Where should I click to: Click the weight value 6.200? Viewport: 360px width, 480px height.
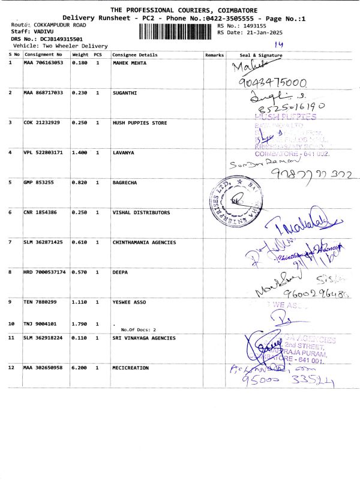[x=80, y=365]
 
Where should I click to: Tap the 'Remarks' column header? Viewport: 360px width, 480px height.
[x=214, y=55]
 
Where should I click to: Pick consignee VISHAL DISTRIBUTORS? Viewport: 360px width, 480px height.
[x=141, y=212]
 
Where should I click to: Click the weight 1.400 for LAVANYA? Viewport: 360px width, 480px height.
[x=80, y=152]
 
